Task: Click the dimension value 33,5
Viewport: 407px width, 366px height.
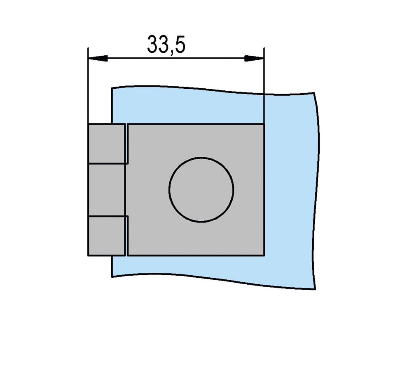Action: (166, 45)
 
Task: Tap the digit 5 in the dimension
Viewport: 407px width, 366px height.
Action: (180, 44)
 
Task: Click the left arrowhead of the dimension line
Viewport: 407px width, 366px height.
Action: (98, 58)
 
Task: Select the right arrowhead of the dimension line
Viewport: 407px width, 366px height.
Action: (254, 58)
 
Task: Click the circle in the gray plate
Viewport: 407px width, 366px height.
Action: (201, 189)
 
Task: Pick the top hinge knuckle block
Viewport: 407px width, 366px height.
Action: (107, 144)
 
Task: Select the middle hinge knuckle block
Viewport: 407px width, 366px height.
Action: (107, 190)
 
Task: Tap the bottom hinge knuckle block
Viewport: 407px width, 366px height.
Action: (107, 236)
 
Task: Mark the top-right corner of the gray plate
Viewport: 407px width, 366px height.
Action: (264, 124)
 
